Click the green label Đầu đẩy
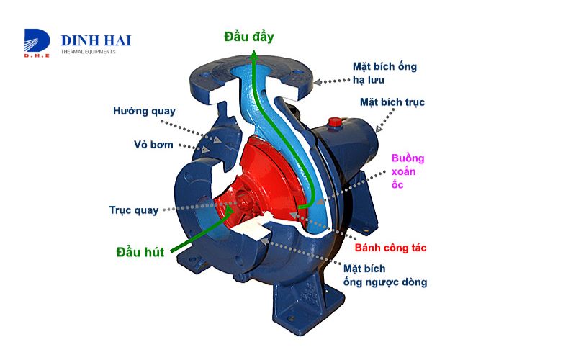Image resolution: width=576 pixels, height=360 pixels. [249, 36]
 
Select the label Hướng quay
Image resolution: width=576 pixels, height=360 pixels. [144, 111]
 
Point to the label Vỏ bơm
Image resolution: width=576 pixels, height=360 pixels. [153, 144]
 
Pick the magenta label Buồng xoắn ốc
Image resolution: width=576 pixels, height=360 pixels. [408, 171]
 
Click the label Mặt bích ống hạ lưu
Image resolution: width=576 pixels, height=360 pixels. [384, 73]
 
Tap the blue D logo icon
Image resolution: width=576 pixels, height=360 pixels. [35, 42]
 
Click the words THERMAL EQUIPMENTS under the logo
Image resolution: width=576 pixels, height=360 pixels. [88, 52]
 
